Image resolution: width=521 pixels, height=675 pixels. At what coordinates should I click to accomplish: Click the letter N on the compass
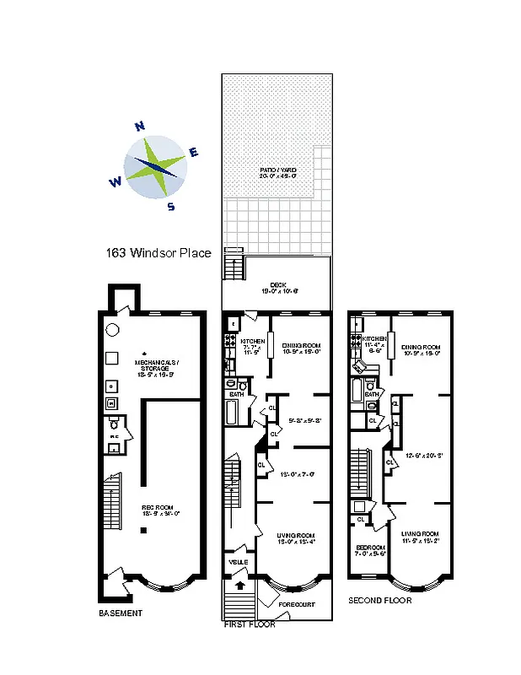tap(140, 127)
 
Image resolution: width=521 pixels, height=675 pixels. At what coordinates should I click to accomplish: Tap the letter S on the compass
tap(171, 207)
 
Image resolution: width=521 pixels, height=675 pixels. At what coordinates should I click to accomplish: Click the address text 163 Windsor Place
tap(158, 252)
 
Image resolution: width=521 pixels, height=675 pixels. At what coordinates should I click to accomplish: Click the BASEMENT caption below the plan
tap(121, 613)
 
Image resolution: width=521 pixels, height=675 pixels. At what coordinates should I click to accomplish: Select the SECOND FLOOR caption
tap(380, 601)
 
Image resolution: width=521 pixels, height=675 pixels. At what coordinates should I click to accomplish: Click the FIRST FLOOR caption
tap(250, 624)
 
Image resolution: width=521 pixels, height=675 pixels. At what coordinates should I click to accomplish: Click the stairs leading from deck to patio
tap(232, 269)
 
